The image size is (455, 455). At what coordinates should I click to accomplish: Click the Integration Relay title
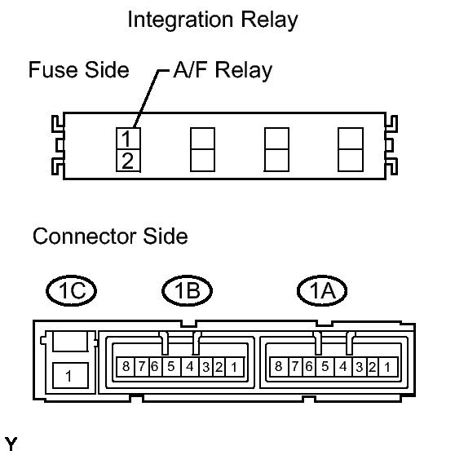(x=213, y=20)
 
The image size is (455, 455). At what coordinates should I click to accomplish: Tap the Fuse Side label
(x=79, y=70)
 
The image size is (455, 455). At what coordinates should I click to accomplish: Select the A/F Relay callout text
(x=223, y=70)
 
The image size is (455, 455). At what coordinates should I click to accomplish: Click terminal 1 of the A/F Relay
(x=128, y=139)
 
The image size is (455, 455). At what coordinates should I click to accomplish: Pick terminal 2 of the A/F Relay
(x=128, y=161)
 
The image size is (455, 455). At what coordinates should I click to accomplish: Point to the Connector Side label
(x=110, y=236)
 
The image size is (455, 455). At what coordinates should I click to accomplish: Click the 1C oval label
(x=72, y=290)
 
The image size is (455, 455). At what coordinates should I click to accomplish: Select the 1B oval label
(x=188, y=290)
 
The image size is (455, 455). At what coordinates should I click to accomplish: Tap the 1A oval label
(x=322, y=290)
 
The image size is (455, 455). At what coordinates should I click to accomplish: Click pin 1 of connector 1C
(x=70, y=375)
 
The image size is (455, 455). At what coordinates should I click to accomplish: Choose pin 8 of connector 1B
(x=126, y=367)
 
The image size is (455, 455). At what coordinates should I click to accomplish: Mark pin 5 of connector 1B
(x=171, y=367)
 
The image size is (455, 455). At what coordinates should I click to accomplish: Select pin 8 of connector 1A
(x=279, y=367)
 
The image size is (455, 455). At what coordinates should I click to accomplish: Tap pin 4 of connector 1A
(x=343, y=367)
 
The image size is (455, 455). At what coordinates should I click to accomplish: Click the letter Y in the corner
(x=11, y=444)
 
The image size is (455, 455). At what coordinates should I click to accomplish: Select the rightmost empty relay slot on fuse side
(x=351, y=149)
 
